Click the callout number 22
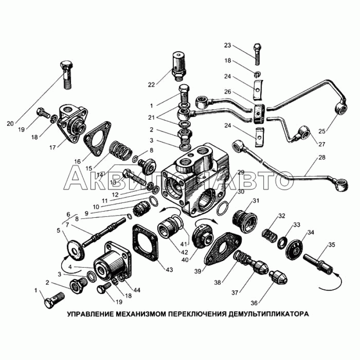151,85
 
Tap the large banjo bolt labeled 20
67,75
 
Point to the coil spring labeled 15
121,151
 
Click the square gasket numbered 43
145,243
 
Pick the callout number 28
322,157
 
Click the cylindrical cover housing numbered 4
112,261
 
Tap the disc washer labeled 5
75,250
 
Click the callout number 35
331,245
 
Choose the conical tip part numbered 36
278,277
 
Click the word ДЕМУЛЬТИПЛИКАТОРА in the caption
268,314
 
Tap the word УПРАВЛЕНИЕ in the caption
90,314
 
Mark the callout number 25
322,131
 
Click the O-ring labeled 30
222,207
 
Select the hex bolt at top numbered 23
257,54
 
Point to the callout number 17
52,147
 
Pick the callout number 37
234,292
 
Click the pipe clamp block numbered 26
259,113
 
